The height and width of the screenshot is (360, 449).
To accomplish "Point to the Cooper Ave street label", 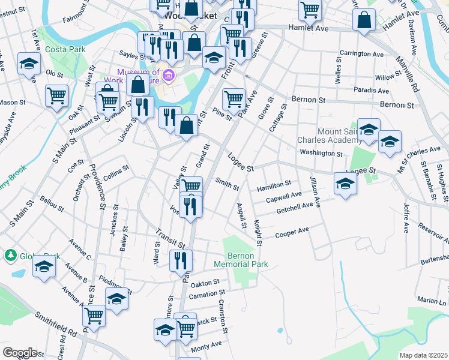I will point(292,231).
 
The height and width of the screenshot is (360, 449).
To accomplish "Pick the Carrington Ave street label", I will point(361,54).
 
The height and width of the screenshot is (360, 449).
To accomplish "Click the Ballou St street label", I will point(52,202).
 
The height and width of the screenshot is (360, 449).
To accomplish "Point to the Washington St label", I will point(321,154).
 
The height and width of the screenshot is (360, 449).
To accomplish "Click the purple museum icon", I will point(169,76).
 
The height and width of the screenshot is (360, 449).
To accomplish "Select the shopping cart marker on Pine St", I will point(234,98).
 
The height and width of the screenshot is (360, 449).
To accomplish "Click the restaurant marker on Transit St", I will point(180,260).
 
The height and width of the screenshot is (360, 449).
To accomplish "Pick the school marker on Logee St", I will point(346,184).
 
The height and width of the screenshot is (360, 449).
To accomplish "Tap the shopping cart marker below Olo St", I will point(56,95).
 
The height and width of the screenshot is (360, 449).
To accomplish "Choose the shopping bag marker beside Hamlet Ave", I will point(364,20).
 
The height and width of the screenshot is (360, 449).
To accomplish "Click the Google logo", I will point(20,353).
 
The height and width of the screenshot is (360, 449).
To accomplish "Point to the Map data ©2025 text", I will point(423,355).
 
